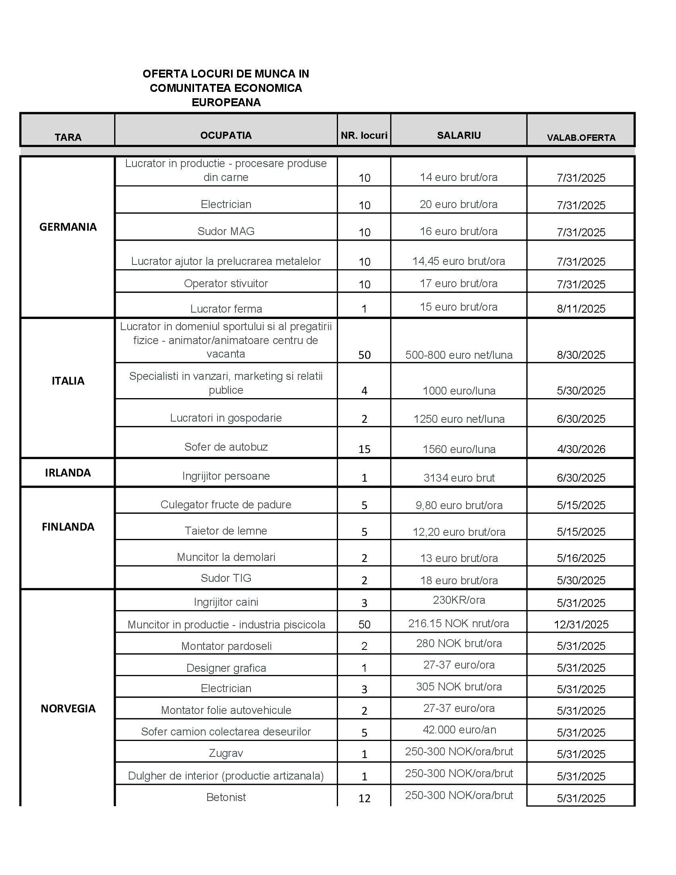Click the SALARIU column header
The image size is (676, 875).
pos(458,135)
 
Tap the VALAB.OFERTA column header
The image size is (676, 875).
pos(581,138)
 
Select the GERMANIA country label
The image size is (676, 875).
pos(68,227)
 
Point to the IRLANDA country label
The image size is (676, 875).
pos(68,473)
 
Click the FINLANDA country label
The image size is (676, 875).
pos(68,527)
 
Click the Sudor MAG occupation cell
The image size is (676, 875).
pos(226,231)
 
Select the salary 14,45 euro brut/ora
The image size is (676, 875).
pos(458,261)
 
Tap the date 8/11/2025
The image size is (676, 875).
pos(581,309)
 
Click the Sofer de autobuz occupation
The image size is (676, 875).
pos(226,447)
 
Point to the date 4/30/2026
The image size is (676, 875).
pos(581,449)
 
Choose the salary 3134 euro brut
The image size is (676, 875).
pos(459,478)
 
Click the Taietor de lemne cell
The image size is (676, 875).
pos(226,531)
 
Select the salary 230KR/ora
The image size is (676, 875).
pos(459,600)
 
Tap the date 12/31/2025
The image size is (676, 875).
pos(581,624)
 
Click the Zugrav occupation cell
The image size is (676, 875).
pos(226,753)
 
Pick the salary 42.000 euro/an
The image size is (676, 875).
pos(459,729)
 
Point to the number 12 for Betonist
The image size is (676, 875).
pos(364,799)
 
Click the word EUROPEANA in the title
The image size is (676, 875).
pos(226,103)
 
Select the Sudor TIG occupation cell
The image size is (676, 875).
pos(226,578)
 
